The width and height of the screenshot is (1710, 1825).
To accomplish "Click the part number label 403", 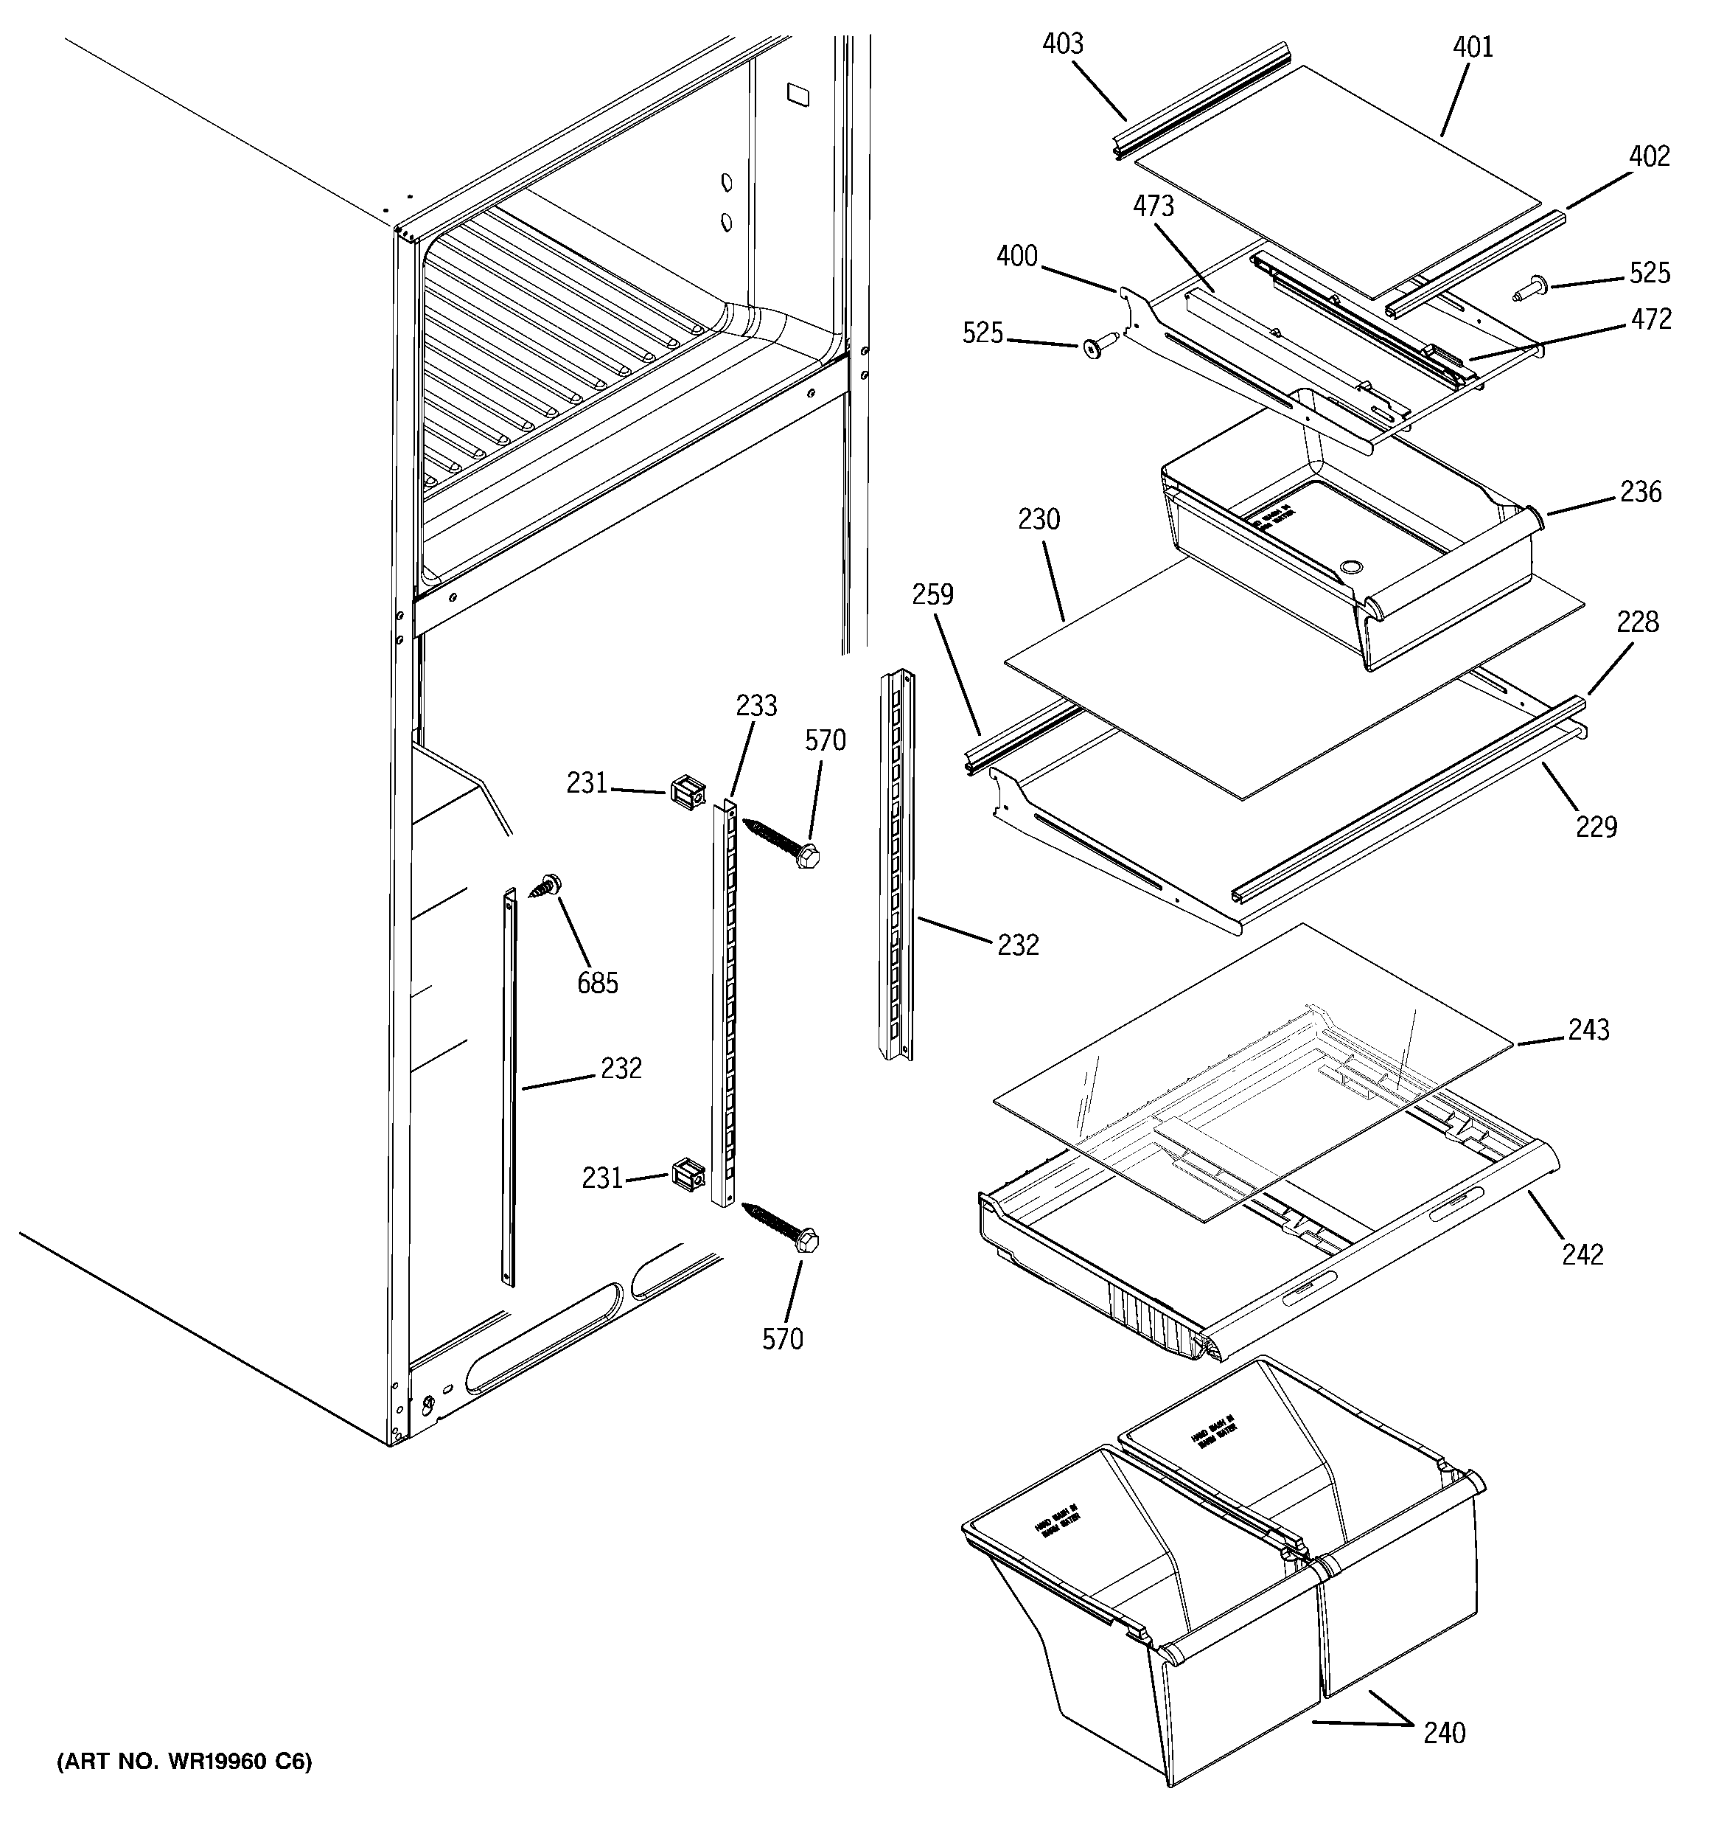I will click(x=1063, y=44).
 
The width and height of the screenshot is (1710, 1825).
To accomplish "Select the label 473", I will click(x=1153, y=206).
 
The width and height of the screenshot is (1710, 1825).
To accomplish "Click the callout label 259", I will click(x=932, y=595).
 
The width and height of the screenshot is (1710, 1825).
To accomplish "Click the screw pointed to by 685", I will click(x=549, y=885).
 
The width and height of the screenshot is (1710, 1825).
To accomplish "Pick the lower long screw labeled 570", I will click(x=782, y=1225).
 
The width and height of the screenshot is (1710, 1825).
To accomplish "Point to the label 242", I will click(x=1583, y=1254).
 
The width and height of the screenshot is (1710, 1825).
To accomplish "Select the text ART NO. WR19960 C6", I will click(x=184, y=1762).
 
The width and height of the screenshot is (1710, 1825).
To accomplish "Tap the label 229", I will click(x=1596, y=827).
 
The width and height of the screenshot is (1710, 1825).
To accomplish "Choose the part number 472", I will click(x=1651, y=319).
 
